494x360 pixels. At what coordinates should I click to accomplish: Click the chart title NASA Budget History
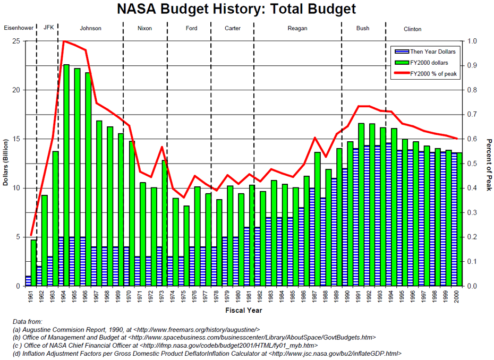point(236,9)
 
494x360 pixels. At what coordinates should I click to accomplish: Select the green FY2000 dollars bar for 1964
point(67,175)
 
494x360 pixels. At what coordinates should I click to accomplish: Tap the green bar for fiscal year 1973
point(165,223)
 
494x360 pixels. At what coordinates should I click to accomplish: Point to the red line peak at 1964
point(64,41)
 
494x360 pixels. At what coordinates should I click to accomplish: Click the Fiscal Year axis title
point(243,310)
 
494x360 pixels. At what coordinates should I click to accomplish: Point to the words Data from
point(27,321)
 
